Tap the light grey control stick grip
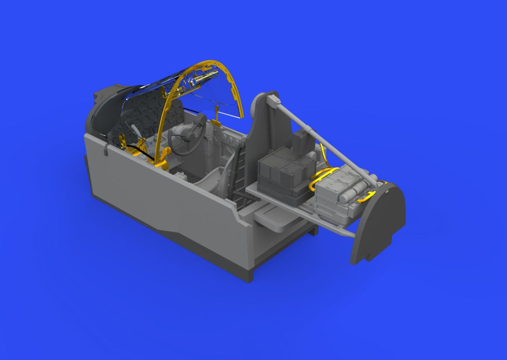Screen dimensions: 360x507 coord(132,129)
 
